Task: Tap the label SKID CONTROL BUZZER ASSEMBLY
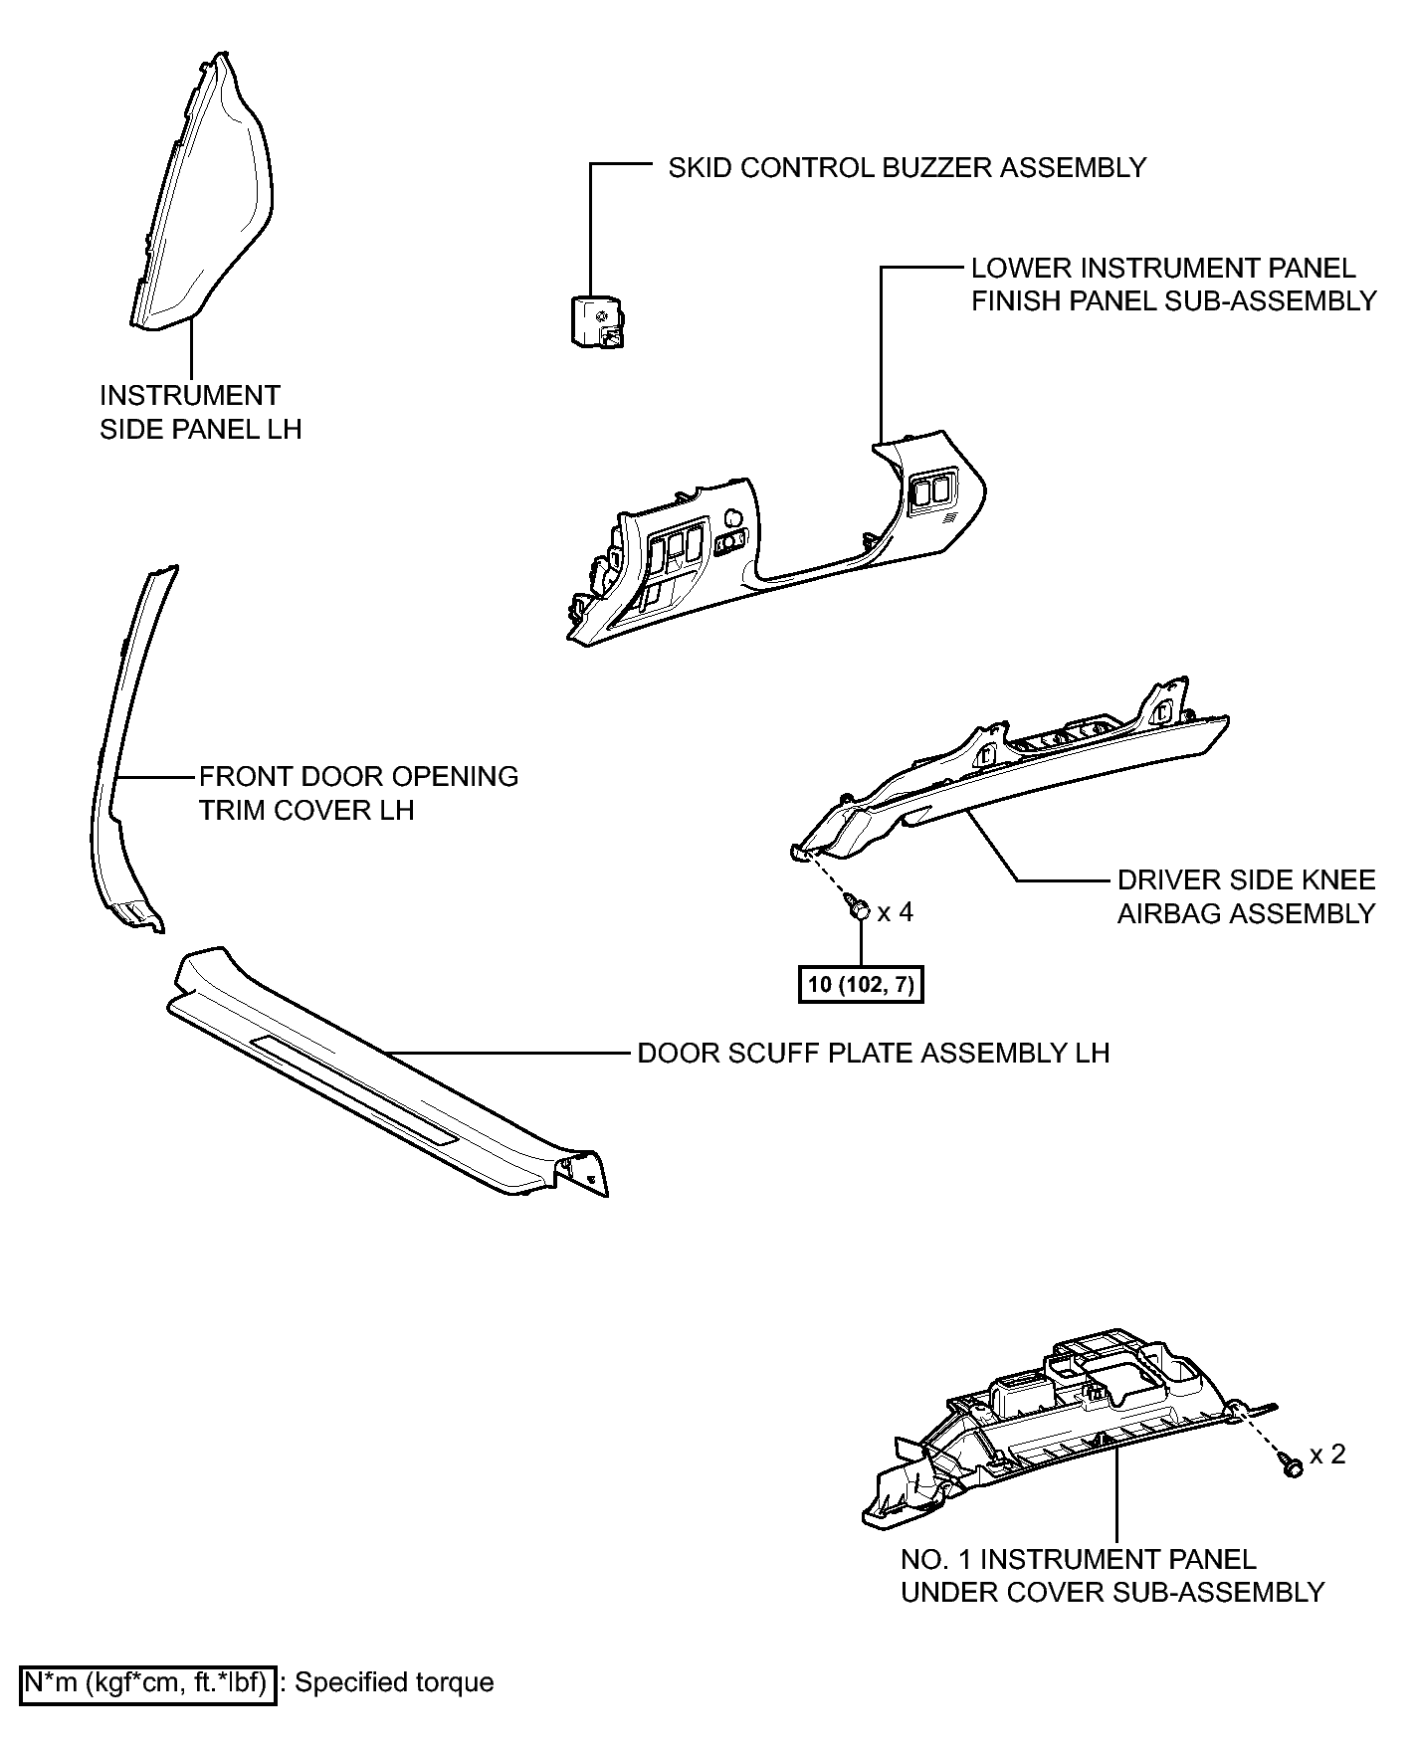point(907,167)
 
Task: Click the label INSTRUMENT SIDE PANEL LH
point(200,412)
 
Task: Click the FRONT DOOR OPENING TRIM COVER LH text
point(358,793)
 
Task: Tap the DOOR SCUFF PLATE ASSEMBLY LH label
point(873,1053)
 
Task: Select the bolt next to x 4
point(858,907)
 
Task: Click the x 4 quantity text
point(895,911)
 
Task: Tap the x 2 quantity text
point(1327,1455)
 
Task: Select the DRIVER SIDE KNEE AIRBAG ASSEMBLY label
point(1246,896)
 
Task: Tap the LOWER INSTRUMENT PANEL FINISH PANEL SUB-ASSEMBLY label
point(1174,284)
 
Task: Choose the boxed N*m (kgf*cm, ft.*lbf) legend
point(148,1682)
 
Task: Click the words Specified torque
point(395,1682)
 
